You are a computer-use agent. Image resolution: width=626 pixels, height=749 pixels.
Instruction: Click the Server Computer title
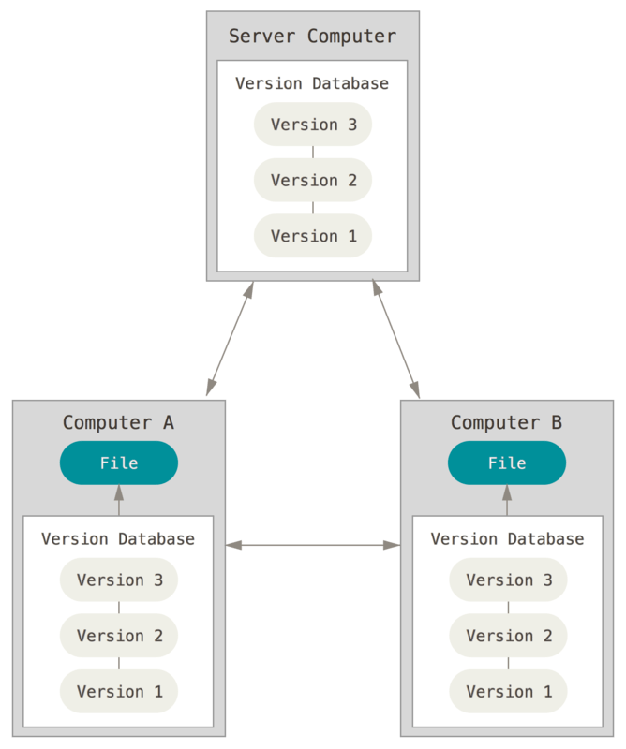coord(312,37)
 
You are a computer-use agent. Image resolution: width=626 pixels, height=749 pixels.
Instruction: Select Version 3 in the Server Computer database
coord(313,125)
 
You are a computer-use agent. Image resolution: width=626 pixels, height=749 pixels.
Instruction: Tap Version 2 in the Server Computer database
coord(313,180)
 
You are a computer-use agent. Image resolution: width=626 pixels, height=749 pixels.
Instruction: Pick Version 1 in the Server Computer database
coord(313,236)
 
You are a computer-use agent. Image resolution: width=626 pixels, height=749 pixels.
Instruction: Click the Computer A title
coord(118,422)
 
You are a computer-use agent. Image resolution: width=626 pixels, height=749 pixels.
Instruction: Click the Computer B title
coord(506,422)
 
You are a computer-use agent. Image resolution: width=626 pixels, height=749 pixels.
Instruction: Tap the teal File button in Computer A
coord(119,463)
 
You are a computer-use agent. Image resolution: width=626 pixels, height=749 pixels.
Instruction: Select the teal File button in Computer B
coord(507,463)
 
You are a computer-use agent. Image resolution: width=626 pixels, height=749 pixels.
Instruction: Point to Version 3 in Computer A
coord(119,580)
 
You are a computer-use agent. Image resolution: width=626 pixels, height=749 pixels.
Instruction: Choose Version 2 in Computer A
coord(119,636)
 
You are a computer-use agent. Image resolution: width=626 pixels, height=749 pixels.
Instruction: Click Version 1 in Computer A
coord(119,691)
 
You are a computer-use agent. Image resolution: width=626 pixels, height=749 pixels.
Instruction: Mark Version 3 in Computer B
coord(508,580)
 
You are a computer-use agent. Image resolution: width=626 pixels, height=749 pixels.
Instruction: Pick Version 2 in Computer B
coord(508,636)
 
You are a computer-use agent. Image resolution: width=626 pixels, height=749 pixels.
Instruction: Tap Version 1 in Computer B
coord(508,691)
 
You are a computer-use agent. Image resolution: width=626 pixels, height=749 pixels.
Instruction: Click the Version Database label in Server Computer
coord(312,83)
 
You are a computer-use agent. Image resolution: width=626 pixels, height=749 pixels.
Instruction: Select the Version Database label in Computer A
coord(118,539)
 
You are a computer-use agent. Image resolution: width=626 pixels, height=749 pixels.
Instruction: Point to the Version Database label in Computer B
coord(507,539)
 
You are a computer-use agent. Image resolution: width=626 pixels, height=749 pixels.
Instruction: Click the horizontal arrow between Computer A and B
coord(313,544)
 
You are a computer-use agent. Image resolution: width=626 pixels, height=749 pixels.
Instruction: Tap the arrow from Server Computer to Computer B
coord(395,338)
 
